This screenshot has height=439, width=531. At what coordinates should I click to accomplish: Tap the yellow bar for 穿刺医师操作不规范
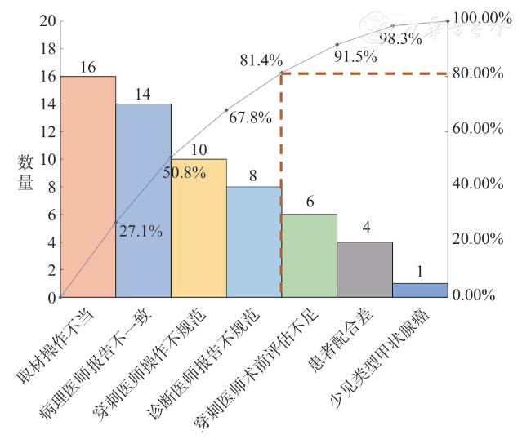point(199,228)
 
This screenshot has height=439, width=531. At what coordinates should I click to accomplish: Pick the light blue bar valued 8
point(254,242)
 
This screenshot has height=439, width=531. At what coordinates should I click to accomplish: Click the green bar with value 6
point(310,255)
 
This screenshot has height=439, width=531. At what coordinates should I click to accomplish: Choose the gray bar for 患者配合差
point(365,269)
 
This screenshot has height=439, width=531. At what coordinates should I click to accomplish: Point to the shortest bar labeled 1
point(421,290)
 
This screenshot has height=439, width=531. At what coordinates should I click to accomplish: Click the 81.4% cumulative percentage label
point(261,60)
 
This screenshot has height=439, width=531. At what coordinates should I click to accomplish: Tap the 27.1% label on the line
point(141,232)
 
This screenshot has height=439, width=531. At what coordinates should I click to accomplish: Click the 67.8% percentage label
point(250,118)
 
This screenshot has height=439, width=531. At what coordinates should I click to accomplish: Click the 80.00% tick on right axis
point(478,73)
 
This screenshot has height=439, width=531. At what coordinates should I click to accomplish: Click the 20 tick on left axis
point(46,20)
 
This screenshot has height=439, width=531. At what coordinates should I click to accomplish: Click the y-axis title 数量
point(25,173)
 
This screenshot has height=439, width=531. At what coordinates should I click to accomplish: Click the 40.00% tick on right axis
point(478,184)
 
